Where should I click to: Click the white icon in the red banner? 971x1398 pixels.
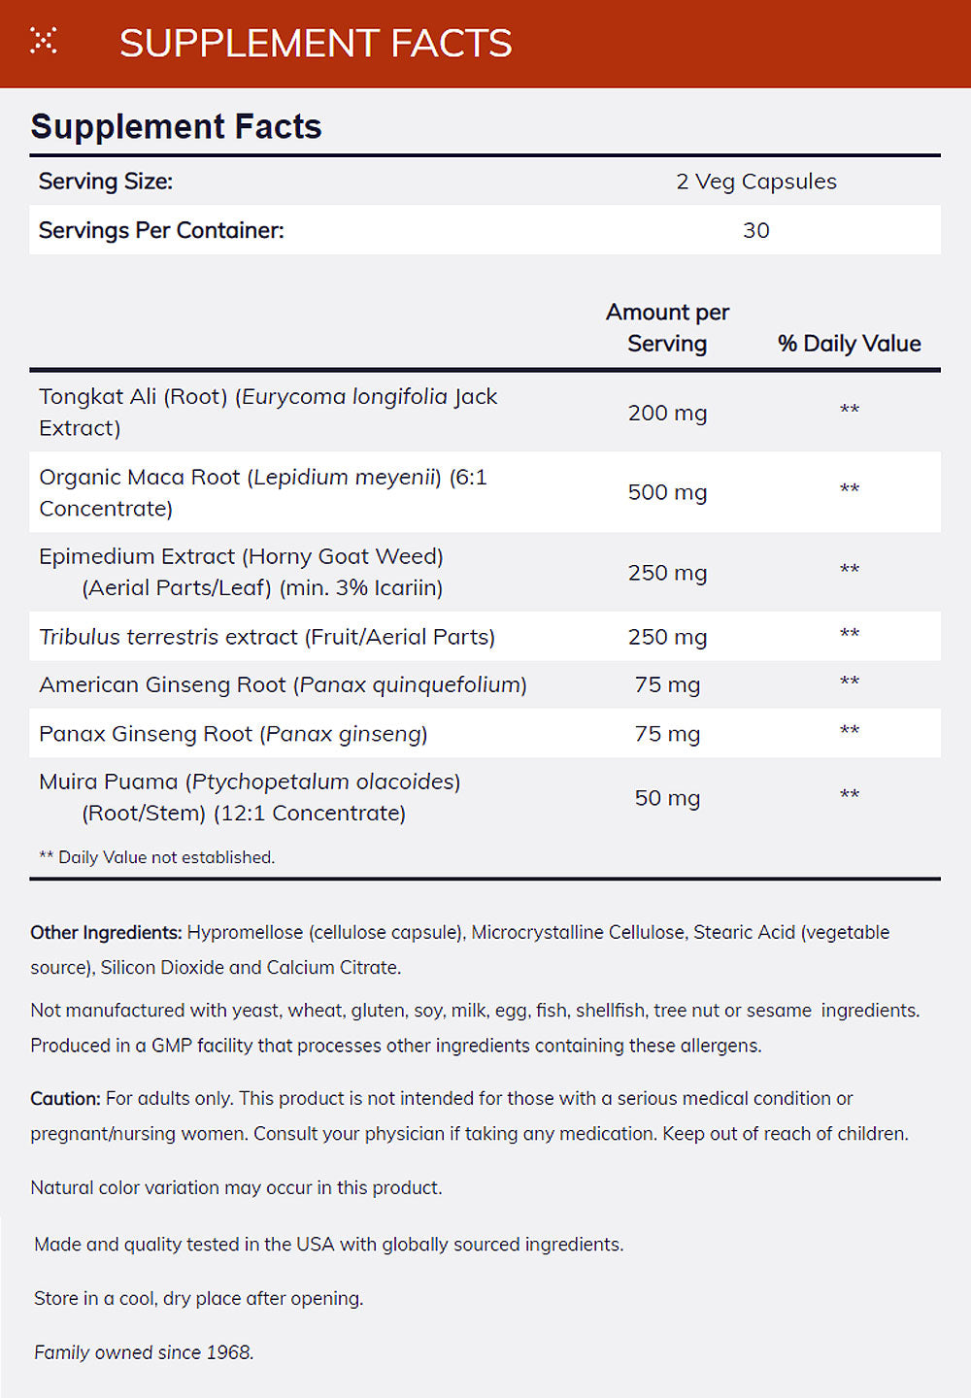click(x=44, y=41)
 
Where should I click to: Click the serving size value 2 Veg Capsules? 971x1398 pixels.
click(x=755, y=182)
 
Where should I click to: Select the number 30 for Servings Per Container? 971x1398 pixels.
click(x=755, y=230)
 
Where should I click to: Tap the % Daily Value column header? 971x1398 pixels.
click(x=849, y=344)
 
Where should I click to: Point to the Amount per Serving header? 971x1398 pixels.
click(x=667, y=328)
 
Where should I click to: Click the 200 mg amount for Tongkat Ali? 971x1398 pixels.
click(x=667, y=413)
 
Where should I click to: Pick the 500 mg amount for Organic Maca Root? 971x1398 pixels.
click(x=667, y=492)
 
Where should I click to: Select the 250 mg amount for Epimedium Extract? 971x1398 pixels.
click(x=667, y=573)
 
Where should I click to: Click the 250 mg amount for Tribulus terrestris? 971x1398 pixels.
click(x=667, y=637)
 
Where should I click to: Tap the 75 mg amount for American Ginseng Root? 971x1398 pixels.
click(x=667, y=684)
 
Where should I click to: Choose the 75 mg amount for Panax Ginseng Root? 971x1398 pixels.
click(x=667, y=734)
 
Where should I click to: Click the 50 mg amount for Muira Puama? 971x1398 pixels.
click(x=667, y=798)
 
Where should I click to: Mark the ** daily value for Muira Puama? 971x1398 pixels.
click(x=849, y=796)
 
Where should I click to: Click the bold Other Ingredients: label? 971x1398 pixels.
click(x=106, y=933)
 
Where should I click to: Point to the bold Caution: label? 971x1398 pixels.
click(x=65, y=1099)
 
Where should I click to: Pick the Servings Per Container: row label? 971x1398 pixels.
click(x=161, y=230)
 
